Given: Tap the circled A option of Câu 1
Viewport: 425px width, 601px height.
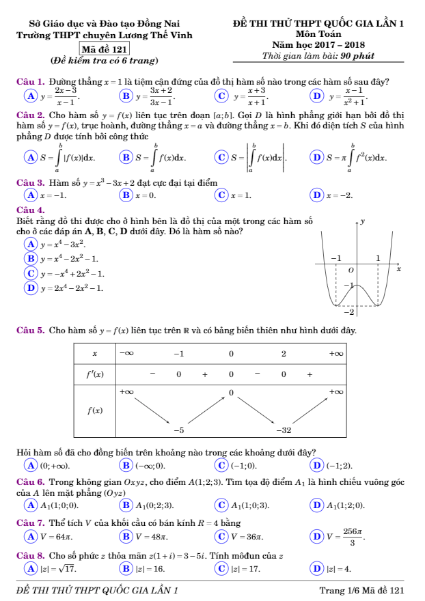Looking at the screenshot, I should (x=29, y=96).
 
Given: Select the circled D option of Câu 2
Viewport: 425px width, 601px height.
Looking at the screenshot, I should (x=314, y=158).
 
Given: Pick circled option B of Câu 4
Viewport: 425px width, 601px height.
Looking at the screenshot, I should (x=29, y=259).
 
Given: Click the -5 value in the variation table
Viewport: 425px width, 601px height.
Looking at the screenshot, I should (x=179, y=431).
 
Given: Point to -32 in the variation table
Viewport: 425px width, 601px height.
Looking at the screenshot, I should (x=284, y=431).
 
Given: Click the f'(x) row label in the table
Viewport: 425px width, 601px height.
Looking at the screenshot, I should (x=94, y=374).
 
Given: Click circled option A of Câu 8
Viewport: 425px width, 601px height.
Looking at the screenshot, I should (x=29, y=568).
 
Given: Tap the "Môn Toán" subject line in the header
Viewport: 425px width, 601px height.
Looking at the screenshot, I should (x=319, y=33).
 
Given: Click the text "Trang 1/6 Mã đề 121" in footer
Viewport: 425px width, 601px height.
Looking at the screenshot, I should (x=362, y=589).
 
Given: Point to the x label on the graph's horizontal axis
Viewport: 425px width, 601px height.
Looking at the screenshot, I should (x=398, y=270).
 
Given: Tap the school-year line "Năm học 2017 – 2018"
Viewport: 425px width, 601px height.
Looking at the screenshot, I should (x=319, y=44).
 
